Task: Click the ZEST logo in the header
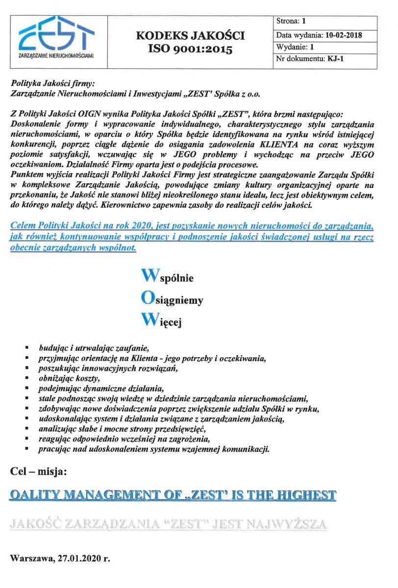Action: click(55, 38)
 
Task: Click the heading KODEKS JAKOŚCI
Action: click(190, 36)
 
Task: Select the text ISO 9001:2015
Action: click(190, 49)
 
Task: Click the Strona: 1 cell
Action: click(292, 22)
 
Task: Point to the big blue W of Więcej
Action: click(149, 320)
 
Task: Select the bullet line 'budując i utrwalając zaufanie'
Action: click(93, 349)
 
